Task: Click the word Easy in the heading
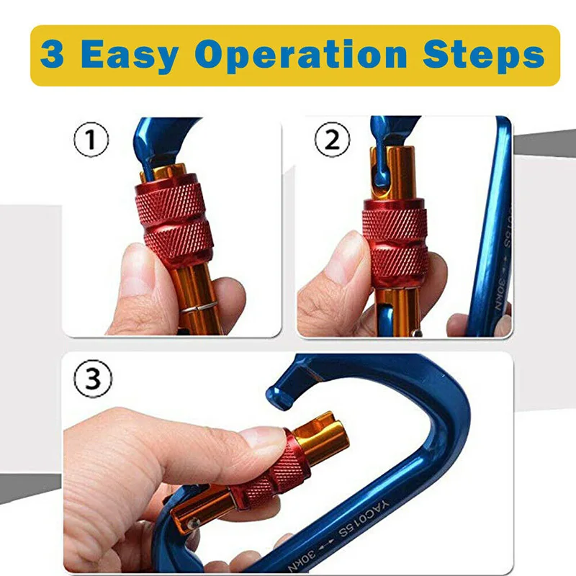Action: pos(130,56)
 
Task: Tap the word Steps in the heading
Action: pos(483,56)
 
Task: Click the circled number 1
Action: pos(91,140)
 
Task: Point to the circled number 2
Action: pos(333,140)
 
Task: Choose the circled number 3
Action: pos(93,379)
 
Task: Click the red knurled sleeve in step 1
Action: pos(174,224)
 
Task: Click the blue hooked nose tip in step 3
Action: pos(280,396)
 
